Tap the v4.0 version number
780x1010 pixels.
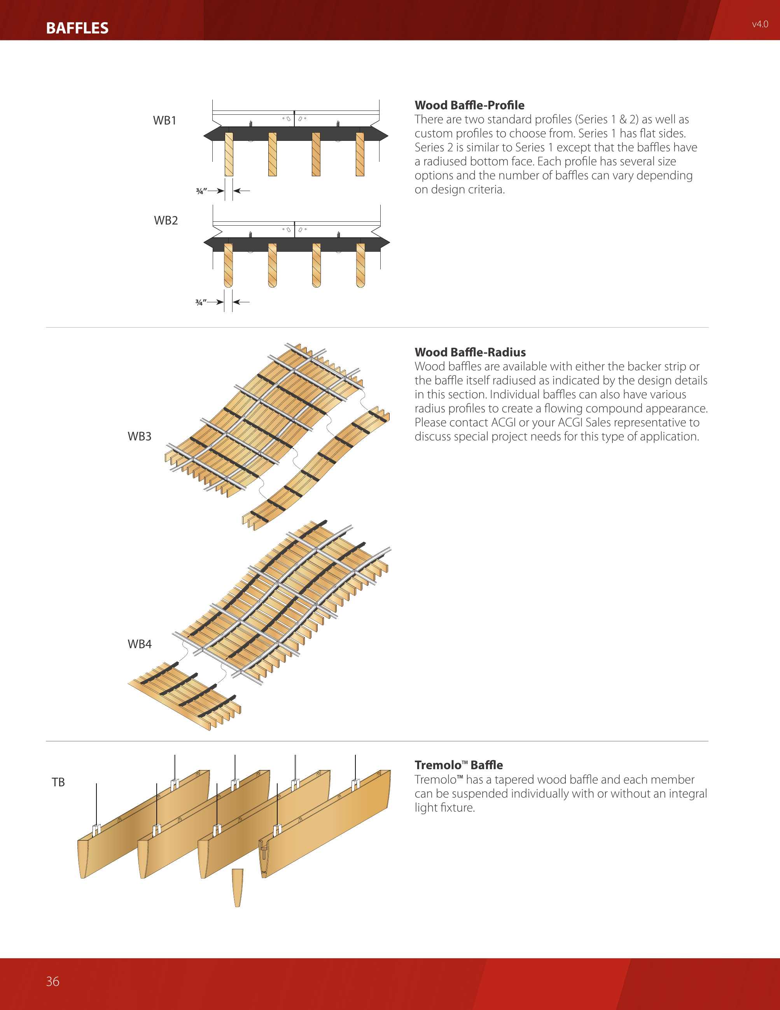pyautogui.click(x=760, y=24)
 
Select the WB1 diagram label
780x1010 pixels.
pyautogui.click(x=164, y=120)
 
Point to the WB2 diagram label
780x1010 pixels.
pyautogui.click(x=165, y=220)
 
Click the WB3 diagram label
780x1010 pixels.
pyautogui.click(x=139, y=436)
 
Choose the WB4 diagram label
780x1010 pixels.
pyautogui.click(x=139, y=644)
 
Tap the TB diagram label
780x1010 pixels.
pyautogui.click(x=58, y=782)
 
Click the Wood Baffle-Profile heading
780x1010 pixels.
pyautogui.click(x=469, y=105)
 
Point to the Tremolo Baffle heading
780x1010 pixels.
pyautogui.click(x=458, y=765)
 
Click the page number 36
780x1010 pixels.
pyautogui.click(x=52, y=981)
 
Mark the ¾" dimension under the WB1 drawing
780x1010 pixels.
pyautogui.click(x=201, y=191)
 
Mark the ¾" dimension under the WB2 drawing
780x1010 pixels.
pyautogui.click(x=201, y=302)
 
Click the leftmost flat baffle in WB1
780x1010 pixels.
pyautogui.click(x=229, y=154)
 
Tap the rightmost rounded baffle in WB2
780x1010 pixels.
pyautogui.click(x=360, y=265)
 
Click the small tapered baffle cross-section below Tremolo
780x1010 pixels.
pyautogui.click(x=238, y=887)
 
